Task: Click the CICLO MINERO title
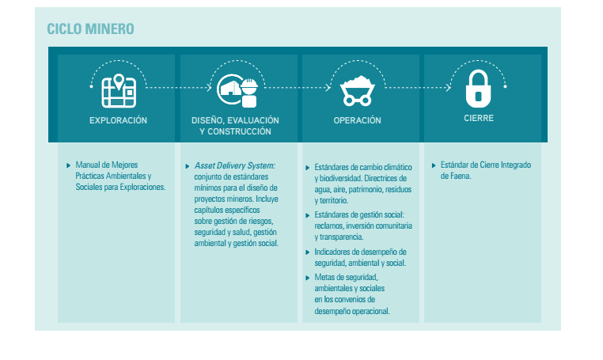pyautogui.click(x=90, y=29)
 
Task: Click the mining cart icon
pyautogui.click(x=358, y=91)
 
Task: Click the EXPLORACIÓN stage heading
pyautogui.click(x=119, y=121)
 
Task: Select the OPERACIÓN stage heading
pyautogui.click(x=357, y=121)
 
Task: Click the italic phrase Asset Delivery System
pyautogui.click(x=234, y=165)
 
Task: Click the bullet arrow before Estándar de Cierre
pyautogui.click(x=433, y=165)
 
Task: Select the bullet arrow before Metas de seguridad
pyautogui.click(x=308, y=277)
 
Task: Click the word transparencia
pyautogui.click(x=339, y=237)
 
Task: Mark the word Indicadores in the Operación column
pyautogui.click(x=333, y=252)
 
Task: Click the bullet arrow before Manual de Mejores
pyautogui.click(x=70, y=165)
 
